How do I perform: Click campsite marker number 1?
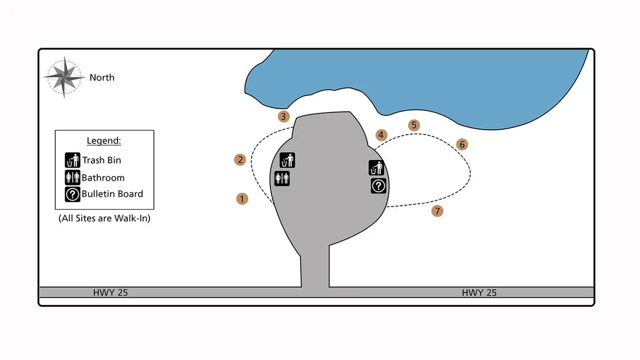tap(242, 199)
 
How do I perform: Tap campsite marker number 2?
tap(240, 160)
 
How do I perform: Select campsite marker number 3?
tap(284, 117)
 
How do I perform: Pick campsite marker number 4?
tap(381, 135)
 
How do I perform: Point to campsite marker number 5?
tap(414, 125)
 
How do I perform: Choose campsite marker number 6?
tap(462, 144)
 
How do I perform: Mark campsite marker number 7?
tap(437, 211)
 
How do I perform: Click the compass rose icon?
tap(64, 77)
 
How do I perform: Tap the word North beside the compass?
tap(102, 77)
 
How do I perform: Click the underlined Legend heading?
tap(104, 141)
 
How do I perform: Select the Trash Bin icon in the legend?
tap(72, 160)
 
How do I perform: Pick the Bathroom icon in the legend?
tap(72, 177)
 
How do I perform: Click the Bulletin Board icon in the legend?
tap(72, 194)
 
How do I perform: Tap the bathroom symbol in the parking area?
tap(282, 178)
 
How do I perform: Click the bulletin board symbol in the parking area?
tap(378, 186)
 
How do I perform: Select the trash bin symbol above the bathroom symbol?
tap(287, 160)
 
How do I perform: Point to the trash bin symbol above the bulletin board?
tap(376, 168)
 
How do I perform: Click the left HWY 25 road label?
tap(110, 292)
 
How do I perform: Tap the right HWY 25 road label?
tap(479, 292)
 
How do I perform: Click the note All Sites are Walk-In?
tap(104, 219)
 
